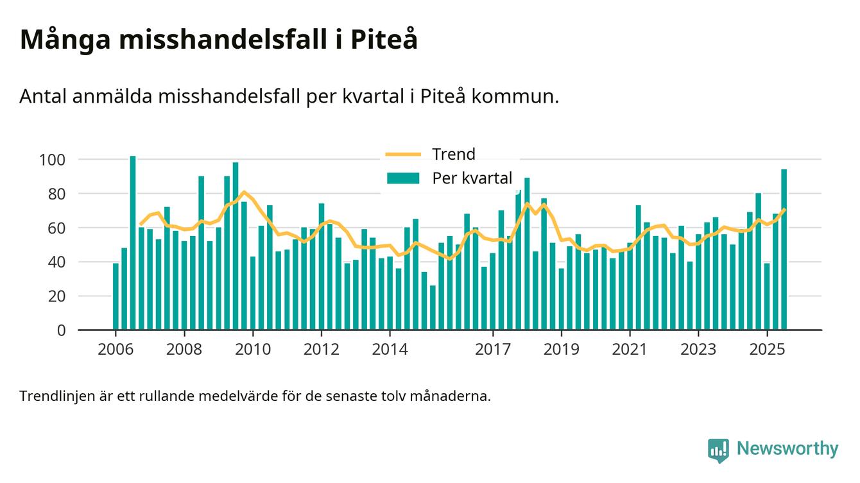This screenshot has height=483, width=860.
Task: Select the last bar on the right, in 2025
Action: tap(784, 250)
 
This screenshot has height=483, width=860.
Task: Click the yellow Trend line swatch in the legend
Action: tap(402, 155)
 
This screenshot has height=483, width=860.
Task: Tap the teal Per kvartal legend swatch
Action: tap(402, 178)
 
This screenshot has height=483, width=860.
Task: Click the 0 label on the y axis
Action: tap(62, 330)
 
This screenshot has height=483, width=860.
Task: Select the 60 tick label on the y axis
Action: tap(58, 228)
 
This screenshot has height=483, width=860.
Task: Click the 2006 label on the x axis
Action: tap(116, 350)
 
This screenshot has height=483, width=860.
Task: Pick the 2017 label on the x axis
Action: tap(492, 350)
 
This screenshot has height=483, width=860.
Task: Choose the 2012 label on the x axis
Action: tap(321, 350)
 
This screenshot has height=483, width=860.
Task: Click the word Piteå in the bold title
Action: tap(384, 40)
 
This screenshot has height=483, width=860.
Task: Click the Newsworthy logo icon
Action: tap(718, 450)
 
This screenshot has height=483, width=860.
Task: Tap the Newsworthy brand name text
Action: tap(787, 449)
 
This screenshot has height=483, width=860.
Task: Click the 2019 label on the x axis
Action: tap(562, 350)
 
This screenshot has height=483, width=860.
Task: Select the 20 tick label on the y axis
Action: tap(58, 296)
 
